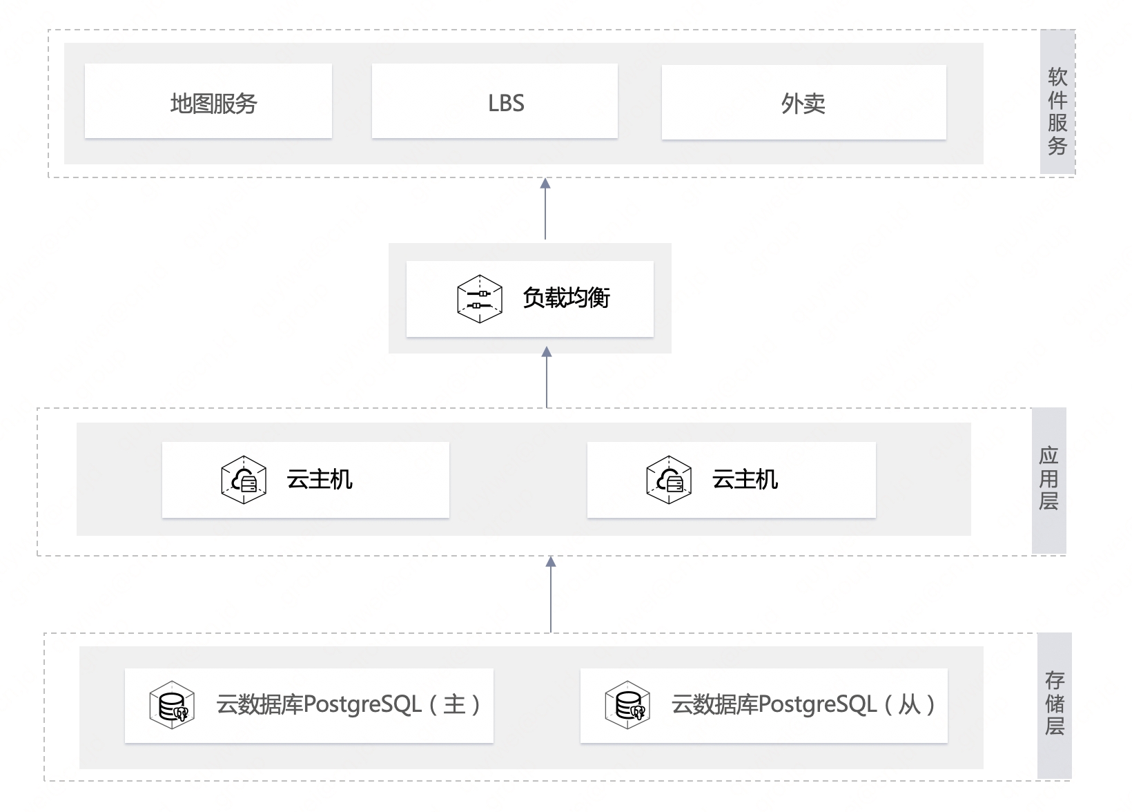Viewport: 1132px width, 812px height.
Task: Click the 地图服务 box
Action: (x=208, y=101)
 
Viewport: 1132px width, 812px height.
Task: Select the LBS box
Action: (x=495, y=101)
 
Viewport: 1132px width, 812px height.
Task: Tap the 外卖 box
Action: (x=804, y=102)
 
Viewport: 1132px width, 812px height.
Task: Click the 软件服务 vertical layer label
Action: (x=1057, y=111)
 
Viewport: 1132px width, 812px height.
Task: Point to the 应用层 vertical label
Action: (x=1048, y=478)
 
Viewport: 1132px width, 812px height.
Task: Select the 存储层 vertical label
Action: (x=1055, y=704)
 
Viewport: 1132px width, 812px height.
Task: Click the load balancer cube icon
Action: (x=480, y=299)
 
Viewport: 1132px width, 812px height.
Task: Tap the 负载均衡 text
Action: (x=566, y=298)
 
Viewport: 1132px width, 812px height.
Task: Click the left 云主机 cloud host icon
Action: (x=244, y=480)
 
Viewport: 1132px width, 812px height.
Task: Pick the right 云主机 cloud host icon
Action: (x=669, y=480)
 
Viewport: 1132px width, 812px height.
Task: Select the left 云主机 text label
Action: (x=320, y=479)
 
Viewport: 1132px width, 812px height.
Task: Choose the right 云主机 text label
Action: (x=745, y=479)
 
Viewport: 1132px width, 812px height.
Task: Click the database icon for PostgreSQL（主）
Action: (x=173, y=705)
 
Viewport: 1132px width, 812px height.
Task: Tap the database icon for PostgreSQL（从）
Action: (x=627, y=705)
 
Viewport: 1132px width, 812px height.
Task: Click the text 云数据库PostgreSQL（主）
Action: (x=348, y=704)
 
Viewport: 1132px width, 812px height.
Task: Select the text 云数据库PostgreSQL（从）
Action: (x=803, y=704)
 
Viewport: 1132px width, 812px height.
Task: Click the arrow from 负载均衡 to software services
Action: (x=545, y=209)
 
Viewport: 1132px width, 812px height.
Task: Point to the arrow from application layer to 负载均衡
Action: (x=547, y=377)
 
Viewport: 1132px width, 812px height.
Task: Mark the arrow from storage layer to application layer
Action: (x=551, y=594)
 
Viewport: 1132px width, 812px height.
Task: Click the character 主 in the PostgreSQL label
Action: (x=453, y=705)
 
